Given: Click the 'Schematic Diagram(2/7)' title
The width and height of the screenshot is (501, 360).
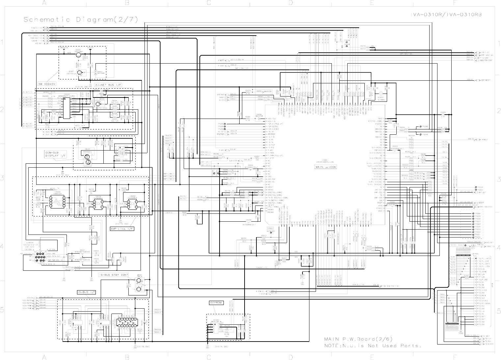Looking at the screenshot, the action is pyautogui.click(x=81, y=19).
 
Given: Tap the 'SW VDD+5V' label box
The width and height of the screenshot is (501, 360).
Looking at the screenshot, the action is pyautogui.click(x=47, y=83).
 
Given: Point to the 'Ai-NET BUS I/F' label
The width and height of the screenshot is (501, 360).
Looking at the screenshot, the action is pyautogui.click(x=108, y=85).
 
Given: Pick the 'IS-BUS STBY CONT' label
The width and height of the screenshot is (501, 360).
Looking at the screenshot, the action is pyautogui.click(x=113, y=274).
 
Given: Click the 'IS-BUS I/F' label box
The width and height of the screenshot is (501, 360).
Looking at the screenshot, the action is pyautogui.click(x=86, y=292).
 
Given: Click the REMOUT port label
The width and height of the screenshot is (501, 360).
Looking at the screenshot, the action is pyautogui.click(x=485, y=140).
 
